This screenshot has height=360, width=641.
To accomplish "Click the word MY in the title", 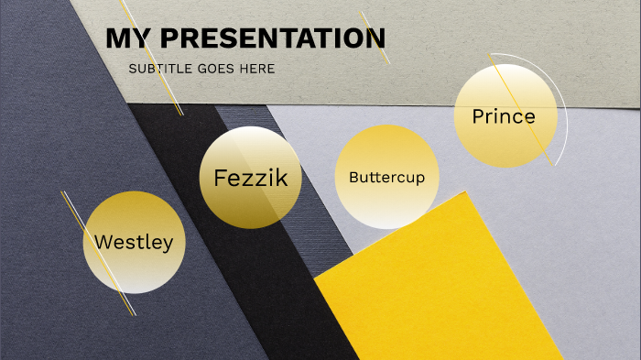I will click(125, 38).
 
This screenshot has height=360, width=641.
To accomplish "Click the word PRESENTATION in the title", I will click(266, 38).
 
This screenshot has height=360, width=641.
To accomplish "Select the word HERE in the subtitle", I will click(258, 69).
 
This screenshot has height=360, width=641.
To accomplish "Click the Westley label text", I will click(134, 243).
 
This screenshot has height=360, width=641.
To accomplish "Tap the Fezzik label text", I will click(250, 178).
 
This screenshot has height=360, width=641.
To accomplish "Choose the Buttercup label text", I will click(386, 177).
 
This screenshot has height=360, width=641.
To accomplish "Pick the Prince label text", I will click(503, 116).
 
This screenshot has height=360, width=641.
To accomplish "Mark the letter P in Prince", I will click(478, 116).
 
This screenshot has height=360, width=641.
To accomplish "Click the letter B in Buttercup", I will click(353, 177).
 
